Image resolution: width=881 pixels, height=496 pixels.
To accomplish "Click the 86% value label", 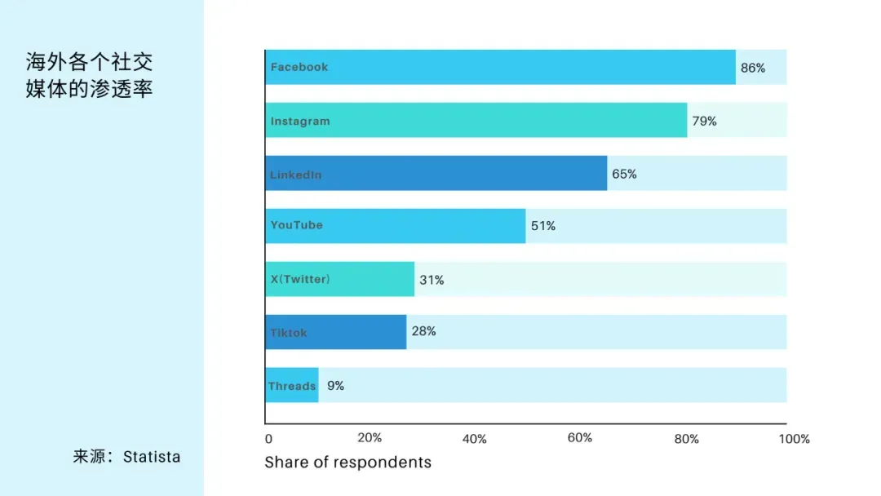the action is coord(753,68).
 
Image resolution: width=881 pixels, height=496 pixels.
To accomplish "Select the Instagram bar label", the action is coord(300,122).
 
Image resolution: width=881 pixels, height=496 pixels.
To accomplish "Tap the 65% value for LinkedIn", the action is coord(624,174).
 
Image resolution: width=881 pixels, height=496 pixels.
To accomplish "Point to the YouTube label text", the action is coord(297,225).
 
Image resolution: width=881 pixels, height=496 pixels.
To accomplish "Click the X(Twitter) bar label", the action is coord(300,279).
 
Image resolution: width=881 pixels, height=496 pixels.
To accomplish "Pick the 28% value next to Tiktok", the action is coord(423,331).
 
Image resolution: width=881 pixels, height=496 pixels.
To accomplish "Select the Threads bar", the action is coord(292,385).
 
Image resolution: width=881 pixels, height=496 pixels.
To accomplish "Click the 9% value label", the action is coord(335,386).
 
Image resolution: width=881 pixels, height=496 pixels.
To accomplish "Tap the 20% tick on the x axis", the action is coord(370,437).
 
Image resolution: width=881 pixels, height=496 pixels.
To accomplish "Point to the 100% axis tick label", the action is coord(794,439).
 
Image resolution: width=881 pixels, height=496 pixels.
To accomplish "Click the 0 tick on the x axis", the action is coord(268,439).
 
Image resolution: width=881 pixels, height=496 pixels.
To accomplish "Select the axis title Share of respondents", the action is coord(348,463).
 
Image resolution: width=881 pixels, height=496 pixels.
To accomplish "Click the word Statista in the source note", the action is coord(152,457).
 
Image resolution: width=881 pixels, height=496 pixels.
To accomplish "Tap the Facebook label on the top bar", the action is coord(299,67).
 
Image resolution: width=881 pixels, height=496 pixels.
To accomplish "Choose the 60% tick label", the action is coord(580,437).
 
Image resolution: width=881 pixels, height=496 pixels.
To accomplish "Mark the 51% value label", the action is coord(543,226).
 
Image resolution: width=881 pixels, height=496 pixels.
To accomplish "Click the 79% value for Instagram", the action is coord(705,122).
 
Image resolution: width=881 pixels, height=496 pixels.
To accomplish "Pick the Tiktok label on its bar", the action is coord(289,333).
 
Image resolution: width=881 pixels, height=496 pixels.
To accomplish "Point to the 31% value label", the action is coord(432,280).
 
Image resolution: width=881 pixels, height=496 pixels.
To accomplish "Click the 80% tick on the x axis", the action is coord(687,439).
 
